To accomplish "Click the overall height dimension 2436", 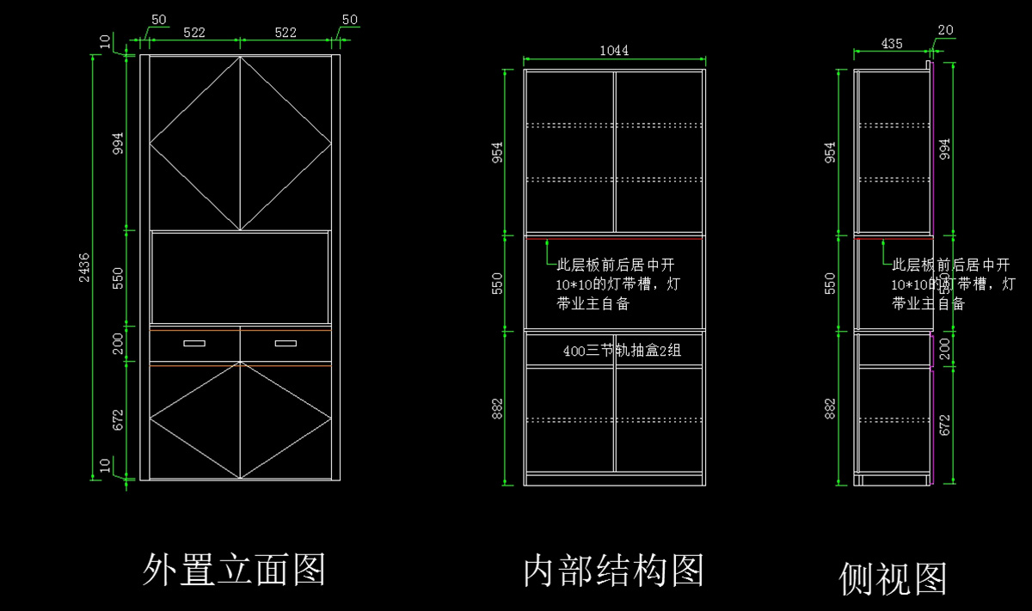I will (x=83, y=267).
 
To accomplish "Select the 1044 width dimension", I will (x=614, y=51).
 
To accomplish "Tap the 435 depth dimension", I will (x=892, y=44).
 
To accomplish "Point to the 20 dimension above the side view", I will (x=945, y=30).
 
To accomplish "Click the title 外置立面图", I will (x=234, y=569).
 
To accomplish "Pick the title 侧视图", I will (x=893, y=578).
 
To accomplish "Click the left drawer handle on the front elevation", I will (x=194, y=344).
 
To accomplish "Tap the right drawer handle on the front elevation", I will (x=286, y=344).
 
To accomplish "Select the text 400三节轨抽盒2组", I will (x=622, y=351).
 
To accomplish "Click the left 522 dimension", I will (x=194, y=33).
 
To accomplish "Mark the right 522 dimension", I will (x=286, y=33).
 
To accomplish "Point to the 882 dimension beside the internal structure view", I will (x=497, y=408).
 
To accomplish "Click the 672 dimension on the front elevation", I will (x=118, y=419).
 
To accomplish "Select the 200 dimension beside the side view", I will (x=945, y=349).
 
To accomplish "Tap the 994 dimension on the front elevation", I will (x=118, y=142).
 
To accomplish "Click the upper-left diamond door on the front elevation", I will (x=195, y=143).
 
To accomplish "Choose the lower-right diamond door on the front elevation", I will (x=286, y=419).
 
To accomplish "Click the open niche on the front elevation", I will (x=240, y=277).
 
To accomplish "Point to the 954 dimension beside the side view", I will (x=830, y=151).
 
